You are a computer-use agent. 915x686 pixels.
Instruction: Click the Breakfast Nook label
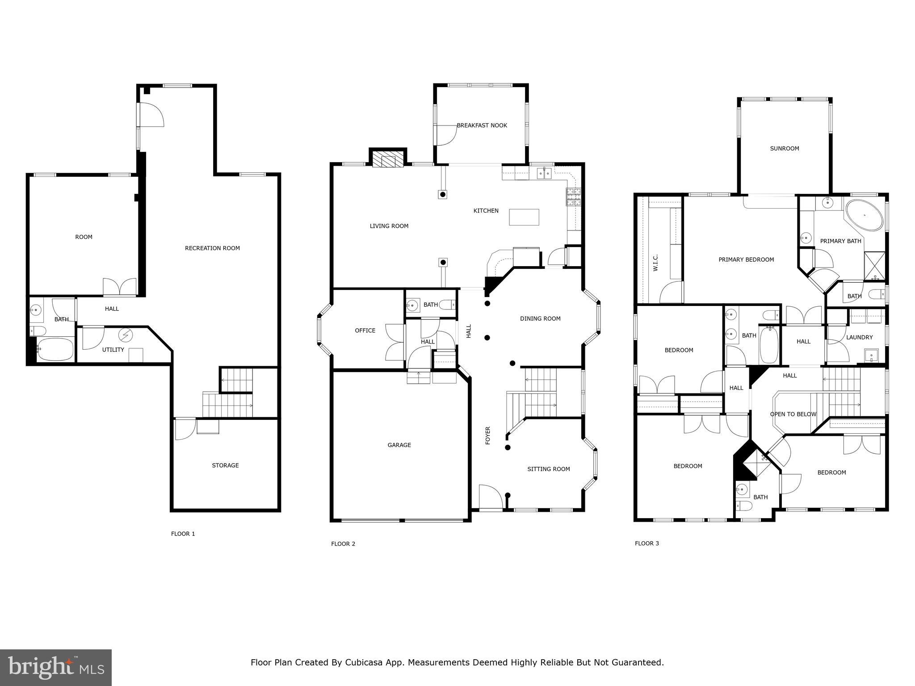tap(482, 125)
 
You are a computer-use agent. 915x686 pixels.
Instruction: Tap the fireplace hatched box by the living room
tap(387, 159)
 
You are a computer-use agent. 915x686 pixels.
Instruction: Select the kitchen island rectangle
tap(524, 217)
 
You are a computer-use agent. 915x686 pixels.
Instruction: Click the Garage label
tap(399, 445)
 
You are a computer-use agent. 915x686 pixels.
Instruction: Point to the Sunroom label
tap(785, 149)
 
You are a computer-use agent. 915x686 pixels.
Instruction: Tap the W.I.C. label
tap(655, 263)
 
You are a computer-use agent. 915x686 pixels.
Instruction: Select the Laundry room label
tap(859, 338)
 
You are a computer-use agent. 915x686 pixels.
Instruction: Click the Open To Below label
tap(793, 414)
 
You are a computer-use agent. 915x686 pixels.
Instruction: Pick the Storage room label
tap(225, 465)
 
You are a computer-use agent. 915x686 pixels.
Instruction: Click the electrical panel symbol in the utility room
tap(126, 335)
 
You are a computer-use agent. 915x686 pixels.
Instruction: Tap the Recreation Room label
tap(212, 248)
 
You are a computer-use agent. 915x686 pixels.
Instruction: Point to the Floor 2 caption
tap(343, 544)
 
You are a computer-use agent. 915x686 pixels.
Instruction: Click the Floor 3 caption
tap(647, 544)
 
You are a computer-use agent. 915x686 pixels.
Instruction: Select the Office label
tap(365, 330)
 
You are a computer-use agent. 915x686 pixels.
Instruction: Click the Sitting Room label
tap(549, 469)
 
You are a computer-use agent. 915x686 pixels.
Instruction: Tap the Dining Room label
tap(540, 319)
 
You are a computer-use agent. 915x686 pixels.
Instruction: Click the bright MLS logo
tap(56, 668)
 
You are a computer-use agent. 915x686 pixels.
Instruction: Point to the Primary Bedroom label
tap(746, 259)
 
